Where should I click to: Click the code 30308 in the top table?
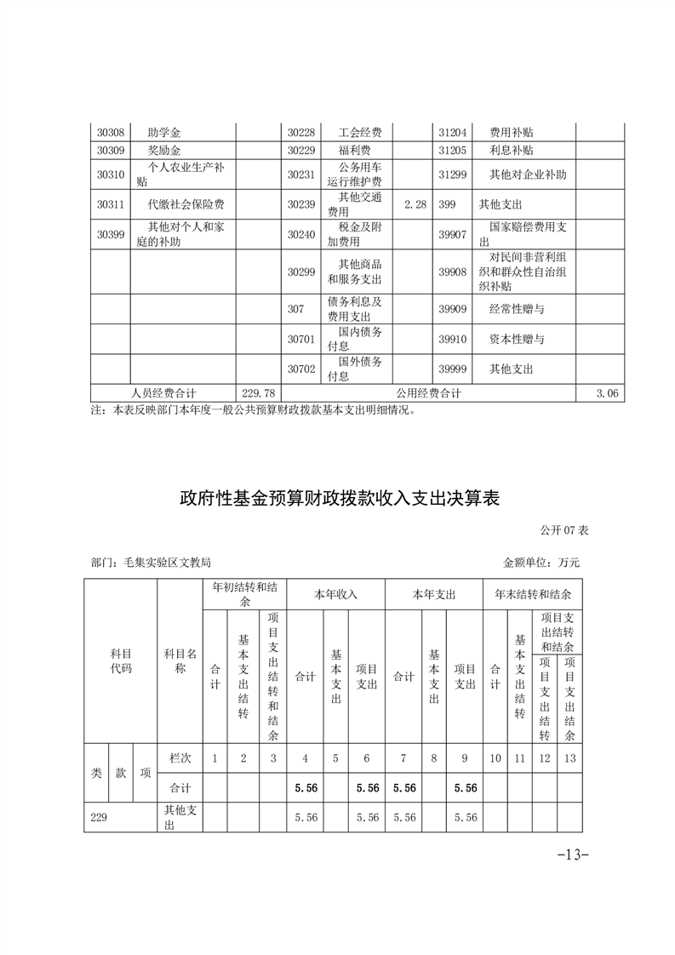(x=111, y=133)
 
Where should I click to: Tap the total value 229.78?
(x=258, y=393)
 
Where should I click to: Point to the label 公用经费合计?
(x=428, y=393)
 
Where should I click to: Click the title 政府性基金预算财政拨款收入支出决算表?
(x=339, y=498)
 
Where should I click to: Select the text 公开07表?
(x=564, y=529)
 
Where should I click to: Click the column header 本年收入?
(x=336, y=594)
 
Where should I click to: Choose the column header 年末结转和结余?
(x=533, y=594)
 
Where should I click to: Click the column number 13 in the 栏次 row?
(x=570, y=757)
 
